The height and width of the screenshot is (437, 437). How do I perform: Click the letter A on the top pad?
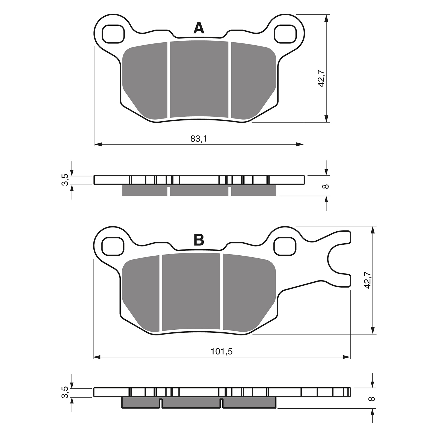199,28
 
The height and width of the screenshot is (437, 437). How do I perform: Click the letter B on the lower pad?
199,240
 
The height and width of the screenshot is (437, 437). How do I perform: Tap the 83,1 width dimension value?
199,139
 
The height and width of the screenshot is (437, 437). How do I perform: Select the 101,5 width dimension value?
222,351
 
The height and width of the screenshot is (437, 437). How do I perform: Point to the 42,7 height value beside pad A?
321,79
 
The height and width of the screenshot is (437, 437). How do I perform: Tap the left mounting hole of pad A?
113,34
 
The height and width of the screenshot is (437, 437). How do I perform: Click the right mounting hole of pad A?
285,34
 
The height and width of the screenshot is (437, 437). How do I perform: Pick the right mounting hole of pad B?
285,246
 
